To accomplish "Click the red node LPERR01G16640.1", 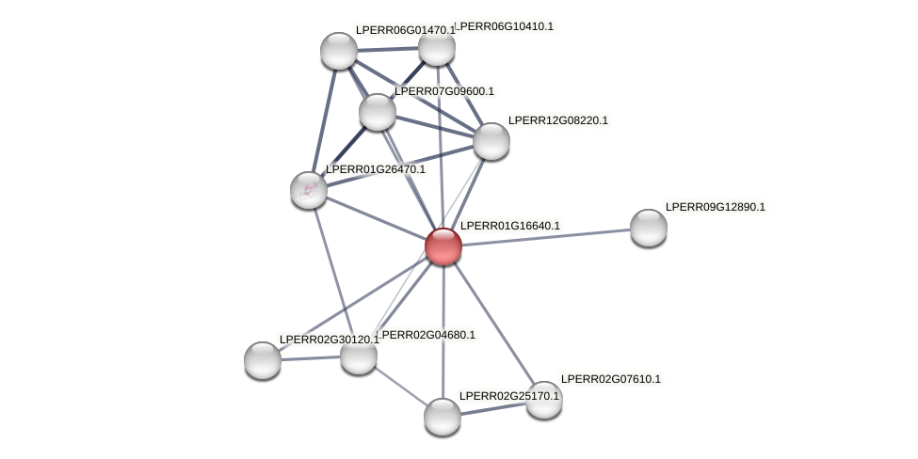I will (443, 246).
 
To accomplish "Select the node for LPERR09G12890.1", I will (648, 228).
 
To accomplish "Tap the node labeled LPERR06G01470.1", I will (339, 51).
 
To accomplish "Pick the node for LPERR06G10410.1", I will (436, 47).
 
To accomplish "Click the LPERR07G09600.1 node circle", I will (378, 112).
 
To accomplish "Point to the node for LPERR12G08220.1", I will (491, 141).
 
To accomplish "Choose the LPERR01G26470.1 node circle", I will (309, 190).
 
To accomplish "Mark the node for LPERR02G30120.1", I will (263, 360).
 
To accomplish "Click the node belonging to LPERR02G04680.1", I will (359, 356).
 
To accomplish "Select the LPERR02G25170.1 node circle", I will (443, 417).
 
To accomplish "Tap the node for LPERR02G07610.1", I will (543, 400).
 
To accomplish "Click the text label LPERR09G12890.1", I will (715, 207).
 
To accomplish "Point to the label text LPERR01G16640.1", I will (509, 226).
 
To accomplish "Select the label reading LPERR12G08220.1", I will (557, 120).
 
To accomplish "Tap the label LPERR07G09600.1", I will (443, 91).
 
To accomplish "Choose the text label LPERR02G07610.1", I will (610, 379).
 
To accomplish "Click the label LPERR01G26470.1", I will (375, 169).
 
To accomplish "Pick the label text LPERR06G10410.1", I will (504, 26).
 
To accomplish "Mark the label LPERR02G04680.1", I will (428, 335).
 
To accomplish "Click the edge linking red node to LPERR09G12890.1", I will (546, 237).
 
